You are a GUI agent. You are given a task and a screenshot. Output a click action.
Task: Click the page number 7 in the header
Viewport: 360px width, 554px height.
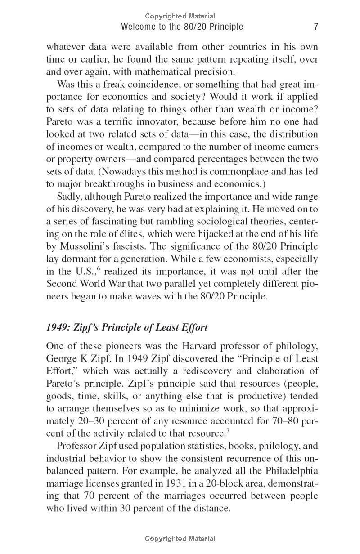tap(316, 27)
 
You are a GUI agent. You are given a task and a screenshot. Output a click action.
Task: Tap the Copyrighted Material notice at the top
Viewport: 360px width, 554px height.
tap(180, 16)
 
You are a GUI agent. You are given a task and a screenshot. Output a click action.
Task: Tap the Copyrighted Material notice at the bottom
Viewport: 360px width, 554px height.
tap(180, 539)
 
